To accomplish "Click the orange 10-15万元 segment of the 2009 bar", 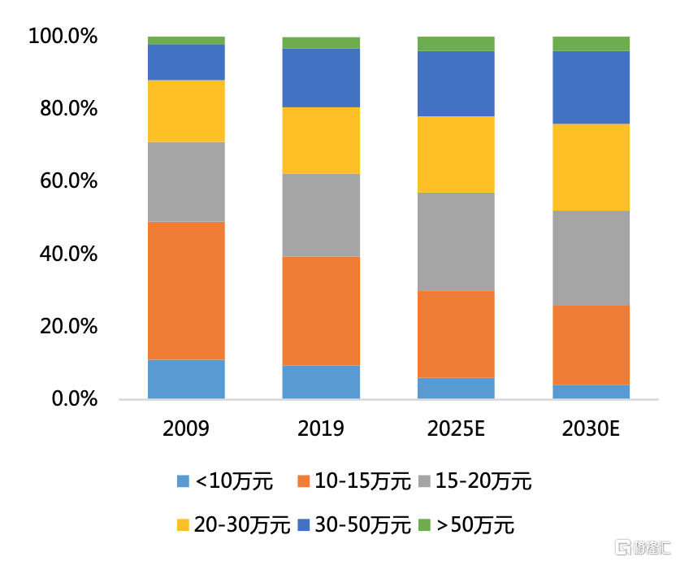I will [x=186, y=290].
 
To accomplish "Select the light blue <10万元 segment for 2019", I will [x=321, y=381].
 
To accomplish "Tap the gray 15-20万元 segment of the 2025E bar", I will [x=456, y=241].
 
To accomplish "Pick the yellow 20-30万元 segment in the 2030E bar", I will [x=591, y=167].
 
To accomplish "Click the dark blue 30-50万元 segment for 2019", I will [x=321, y=78].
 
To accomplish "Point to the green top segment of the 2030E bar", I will [x=591, y=44].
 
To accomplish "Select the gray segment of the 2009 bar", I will [x=186, y=181].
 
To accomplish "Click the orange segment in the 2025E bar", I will [x=456, y=334].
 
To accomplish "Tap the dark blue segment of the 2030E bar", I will [x=591, y=88].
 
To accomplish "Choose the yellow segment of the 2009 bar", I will [x=186, y=111].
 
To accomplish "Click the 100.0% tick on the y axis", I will [x=63, y=37].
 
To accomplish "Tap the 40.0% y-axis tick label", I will [x=67, y=254].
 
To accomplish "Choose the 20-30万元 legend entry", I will [x=232, y=525].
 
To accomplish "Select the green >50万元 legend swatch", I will [x=424, y=525].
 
